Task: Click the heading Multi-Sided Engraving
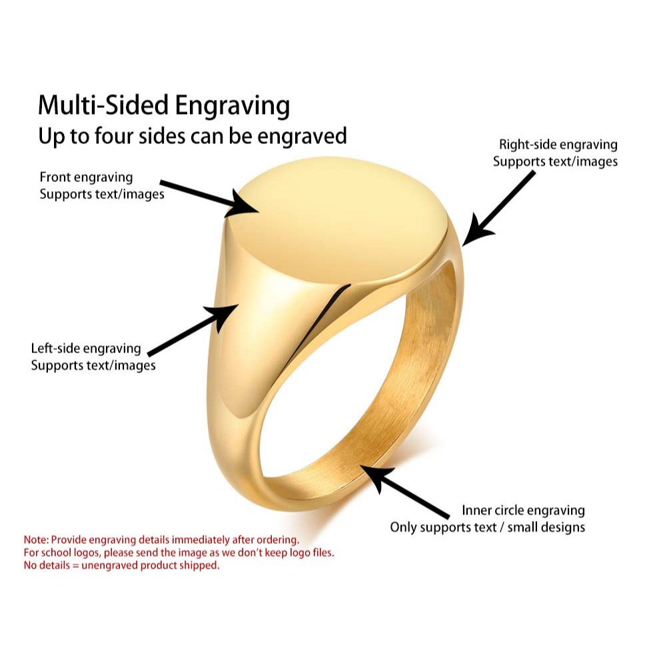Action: [164, 106]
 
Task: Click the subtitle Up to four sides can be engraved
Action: [193, 136]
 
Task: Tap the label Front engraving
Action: [86, 177]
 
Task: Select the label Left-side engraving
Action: [86, 348]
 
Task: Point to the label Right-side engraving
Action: [558, 145]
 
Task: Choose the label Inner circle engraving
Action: [523, 510]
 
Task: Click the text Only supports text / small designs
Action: [487, 527]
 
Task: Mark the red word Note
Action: [35, 539]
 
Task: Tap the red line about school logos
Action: [179, 552]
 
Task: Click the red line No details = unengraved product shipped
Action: [121, 566]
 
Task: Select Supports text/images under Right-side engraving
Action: [555, 161]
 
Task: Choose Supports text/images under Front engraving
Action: [101, 195]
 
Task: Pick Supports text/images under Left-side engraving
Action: [93, 365]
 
